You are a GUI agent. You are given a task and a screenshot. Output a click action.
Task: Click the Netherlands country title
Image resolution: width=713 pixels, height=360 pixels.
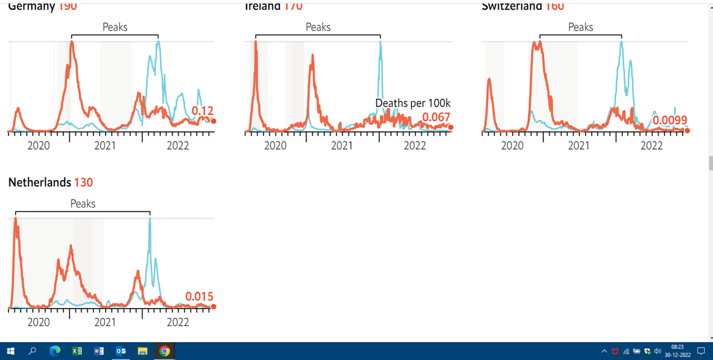[40, 182]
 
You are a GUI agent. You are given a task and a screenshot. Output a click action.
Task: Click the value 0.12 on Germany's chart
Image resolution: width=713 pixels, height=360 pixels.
[202, 111]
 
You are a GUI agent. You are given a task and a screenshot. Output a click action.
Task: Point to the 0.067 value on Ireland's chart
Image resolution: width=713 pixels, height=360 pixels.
[436, 117]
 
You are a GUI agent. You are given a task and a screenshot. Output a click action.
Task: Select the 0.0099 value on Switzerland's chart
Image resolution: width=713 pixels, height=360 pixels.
[670, 120]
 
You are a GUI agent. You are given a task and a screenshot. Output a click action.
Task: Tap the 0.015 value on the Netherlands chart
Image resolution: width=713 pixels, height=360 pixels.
[199, 296]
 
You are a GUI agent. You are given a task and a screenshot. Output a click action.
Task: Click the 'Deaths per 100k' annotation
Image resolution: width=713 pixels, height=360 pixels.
[413, 103]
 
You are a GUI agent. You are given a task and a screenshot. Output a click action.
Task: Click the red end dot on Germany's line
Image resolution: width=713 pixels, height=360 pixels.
[214, 121]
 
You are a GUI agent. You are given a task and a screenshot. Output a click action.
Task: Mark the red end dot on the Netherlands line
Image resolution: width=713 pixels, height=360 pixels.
[214, 306]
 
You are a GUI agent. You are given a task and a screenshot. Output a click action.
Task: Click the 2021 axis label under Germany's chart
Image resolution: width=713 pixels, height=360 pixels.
[105, 146]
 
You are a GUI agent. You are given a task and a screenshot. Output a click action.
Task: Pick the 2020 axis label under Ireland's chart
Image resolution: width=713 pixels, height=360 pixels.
[275, 146]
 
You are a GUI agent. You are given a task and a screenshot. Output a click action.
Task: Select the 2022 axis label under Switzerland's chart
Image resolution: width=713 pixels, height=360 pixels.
[651, 146]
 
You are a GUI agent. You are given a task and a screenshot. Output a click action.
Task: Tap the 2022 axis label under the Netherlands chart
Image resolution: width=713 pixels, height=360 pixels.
[178, 323]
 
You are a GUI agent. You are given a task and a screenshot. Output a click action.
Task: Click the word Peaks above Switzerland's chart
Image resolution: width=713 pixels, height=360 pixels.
[580, 27]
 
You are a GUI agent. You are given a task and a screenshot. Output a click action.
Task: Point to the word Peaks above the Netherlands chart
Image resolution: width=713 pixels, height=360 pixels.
[83, 203]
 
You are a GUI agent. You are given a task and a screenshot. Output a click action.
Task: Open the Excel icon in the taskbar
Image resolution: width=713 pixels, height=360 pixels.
[77, 351]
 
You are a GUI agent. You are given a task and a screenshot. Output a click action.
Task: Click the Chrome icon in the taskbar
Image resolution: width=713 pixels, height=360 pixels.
[164, 351]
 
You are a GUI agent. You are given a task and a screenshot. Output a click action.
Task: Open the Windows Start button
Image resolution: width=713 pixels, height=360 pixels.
[11, 351]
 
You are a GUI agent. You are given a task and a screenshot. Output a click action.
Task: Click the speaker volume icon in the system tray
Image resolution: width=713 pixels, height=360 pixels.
[658, 351]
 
